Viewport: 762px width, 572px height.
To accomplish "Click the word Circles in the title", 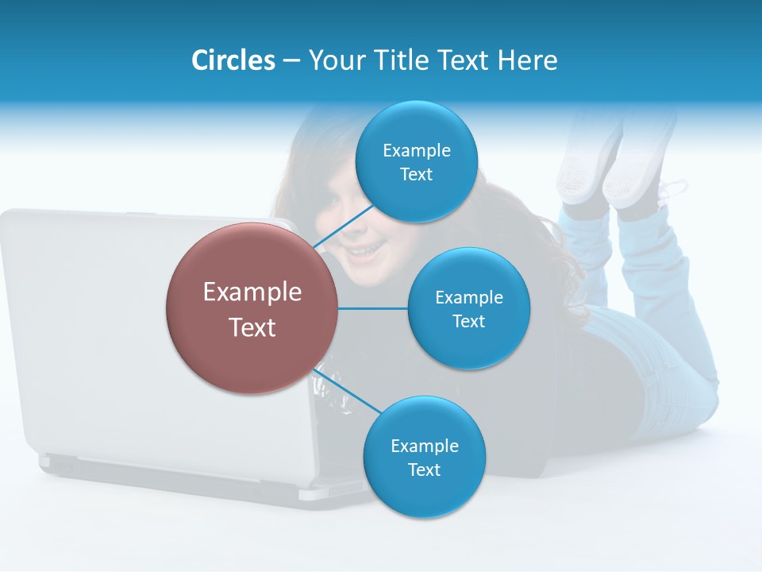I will (x=233, y=60).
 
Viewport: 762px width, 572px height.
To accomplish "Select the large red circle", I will (x=252, y=308).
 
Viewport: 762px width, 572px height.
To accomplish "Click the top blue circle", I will (x=416, y=161).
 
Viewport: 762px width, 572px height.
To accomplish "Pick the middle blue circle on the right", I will (x=468, y=308).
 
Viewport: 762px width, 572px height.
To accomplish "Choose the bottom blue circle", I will (x=424, y=457).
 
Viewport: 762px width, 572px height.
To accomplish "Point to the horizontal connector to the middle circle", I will (x=372, y=308).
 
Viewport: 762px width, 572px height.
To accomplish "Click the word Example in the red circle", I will (x=252, y=292).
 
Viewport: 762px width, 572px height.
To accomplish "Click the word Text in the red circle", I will (x=252, y=327).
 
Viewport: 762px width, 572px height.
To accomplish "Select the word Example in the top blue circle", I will (x=416, y=150).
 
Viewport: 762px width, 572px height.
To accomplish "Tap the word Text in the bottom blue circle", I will (x=424, y=470).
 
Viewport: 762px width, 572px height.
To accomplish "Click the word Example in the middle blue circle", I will (x=468, y=297).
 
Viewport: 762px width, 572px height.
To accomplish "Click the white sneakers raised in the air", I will (x=611, y=163).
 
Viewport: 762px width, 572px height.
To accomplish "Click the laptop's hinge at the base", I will (x=159, y=469).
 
